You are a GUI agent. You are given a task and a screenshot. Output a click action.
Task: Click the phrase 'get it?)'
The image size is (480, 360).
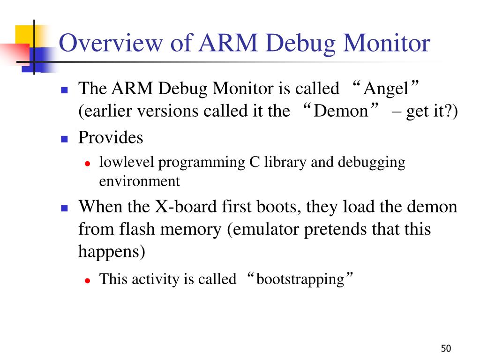[x=431, y=111]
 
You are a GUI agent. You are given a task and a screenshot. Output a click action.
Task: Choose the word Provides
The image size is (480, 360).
[x=110, y=138]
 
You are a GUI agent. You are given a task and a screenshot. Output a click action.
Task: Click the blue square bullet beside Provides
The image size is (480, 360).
[x=65, y=139]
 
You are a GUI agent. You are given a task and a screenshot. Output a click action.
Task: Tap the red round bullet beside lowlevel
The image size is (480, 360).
[x=87, y=164]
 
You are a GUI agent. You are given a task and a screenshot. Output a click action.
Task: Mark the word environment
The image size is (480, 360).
[x=139, y=181]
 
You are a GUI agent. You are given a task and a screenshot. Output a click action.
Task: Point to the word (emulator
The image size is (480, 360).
[x=264, y=229]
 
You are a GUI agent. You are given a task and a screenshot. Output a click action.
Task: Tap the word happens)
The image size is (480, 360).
[x=112, y=252]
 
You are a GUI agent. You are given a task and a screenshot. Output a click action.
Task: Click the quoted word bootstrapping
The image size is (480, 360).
[x=300, y=279]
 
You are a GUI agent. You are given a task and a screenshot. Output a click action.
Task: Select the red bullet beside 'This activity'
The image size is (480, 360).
[x=87, y=280]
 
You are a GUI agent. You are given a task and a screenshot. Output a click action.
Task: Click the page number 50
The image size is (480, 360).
[x=445, y=348]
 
